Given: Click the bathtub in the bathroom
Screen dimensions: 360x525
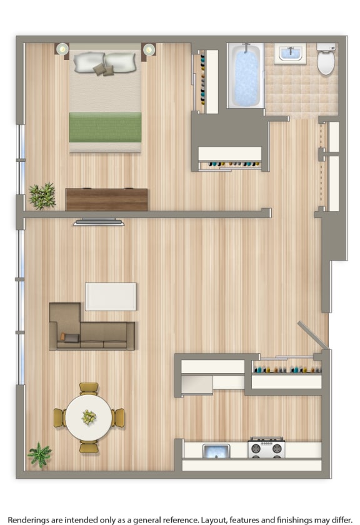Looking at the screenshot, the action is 246,76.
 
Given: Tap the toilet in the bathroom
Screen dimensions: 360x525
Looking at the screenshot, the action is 326,59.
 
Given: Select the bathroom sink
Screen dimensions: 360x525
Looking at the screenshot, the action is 290,54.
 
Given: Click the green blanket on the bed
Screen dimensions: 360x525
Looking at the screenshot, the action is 105,127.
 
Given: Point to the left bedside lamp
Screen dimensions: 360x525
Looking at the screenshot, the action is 62,49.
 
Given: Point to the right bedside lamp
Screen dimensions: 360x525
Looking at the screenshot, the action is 149,49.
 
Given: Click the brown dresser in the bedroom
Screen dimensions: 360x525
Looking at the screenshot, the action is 106,199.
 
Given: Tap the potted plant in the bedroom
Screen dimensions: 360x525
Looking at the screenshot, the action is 42,196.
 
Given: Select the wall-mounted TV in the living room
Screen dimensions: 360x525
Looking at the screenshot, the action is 99,222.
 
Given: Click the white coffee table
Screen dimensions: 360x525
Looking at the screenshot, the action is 111,297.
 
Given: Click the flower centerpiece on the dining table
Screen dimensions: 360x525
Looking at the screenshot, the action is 89,417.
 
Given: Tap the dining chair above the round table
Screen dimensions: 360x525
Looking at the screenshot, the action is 89,388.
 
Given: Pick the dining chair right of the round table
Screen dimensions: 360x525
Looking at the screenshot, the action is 118,417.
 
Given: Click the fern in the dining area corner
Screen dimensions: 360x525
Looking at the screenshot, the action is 40,455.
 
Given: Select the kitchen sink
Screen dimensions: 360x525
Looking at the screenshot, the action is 216,451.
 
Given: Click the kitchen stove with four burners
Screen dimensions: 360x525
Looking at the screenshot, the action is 266,447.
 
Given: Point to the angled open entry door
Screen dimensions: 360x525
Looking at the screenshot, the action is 312,335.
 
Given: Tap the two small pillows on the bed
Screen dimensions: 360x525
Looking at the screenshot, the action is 103,69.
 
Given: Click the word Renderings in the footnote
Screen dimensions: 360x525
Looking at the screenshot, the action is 29,520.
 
